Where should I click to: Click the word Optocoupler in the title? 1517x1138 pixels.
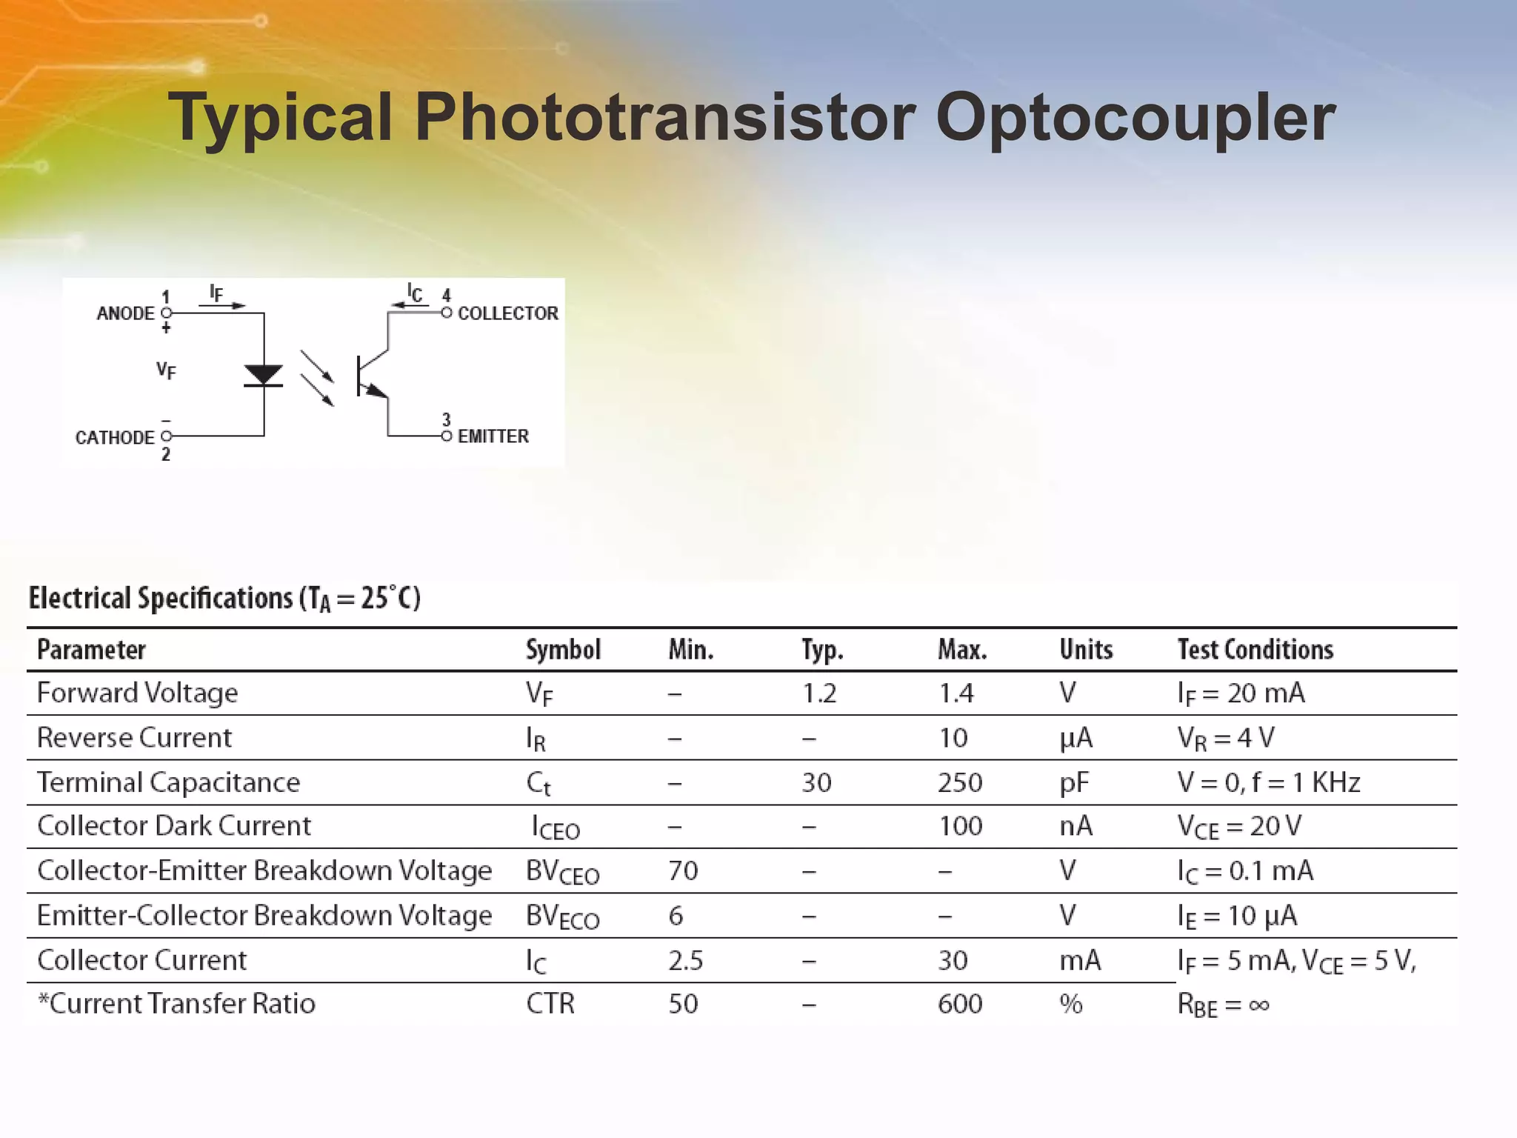pyautogui.click(x=1135, y=119)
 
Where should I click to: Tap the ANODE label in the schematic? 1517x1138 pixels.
pyautogui.click(x=125, y=313)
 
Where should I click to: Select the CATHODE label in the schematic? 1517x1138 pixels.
pyautogui.click(x=115, y=437)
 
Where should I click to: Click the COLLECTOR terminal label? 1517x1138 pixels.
pyautogui.click(x=507, y=313)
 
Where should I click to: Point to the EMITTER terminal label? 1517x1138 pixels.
pyautogui.click(x=493, y=436)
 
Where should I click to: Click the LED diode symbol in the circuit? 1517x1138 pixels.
pyautogui.click(x=264, y=376)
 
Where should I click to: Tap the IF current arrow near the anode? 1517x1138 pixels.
pyautogui.click(x=221, y=304)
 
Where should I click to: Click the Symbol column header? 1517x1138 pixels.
pyautogui.click(x=563, y=650)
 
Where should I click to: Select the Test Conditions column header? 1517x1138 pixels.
pyautogui.click(x=1255, y=650)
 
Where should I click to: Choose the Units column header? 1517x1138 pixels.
pyautogui.click(x=1086, y=650)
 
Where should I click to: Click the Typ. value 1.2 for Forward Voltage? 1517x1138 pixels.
pyautogui.click(x=819, y=693)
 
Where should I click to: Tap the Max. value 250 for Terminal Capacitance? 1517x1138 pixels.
pyautogui.click(x=960, y=782)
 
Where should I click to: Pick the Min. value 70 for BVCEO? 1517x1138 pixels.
pyautogui.click(x=683, y=871)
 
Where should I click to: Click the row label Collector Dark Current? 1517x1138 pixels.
pyautogui.click(x=174, y=826)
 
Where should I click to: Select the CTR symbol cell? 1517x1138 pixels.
pyautogui.click(x=550, y=1004)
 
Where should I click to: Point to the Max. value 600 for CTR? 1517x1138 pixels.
pyautogui.click(x=960, y=1004)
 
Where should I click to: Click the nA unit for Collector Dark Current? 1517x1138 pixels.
pyautogui.click(x=1076, y=826)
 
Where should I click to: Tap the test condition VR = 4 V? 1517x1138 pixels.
pyautogui.click(x=1226, y=738)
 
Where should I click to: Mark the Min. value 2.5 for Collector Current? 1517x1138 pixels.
pyautogui.click(x=685, y=961)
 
